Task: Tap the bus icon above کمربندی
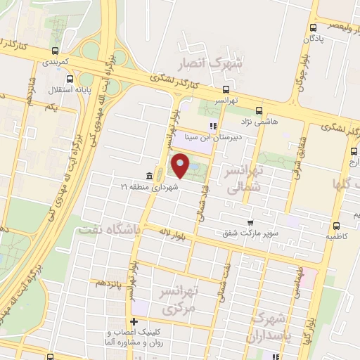(55, 50)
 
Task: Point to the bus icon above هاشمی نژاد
(259, 110)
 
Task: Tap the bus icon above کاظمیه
(336, 226)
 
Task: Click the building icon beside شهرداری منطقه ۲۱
(148, 176)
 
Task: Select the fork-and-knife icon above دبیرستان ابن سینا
(212, 126)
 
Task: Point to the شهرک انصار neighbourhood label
(219, 64)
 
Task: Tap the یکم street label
(49, 107)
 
